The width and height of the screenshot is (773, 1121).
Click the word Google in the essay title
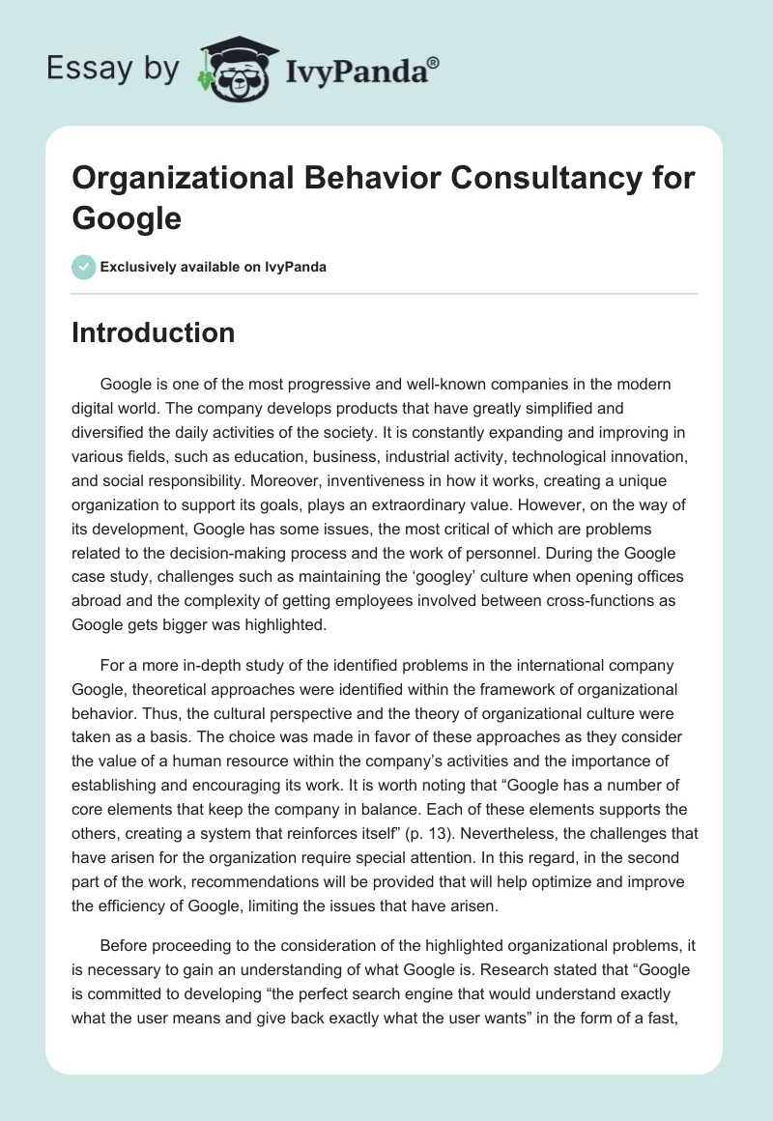coord(127,218)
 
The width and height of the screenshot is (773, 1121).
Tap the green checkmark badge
coord(84,267)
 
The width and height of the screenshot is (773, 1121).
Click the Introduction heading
coord(153,332)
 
